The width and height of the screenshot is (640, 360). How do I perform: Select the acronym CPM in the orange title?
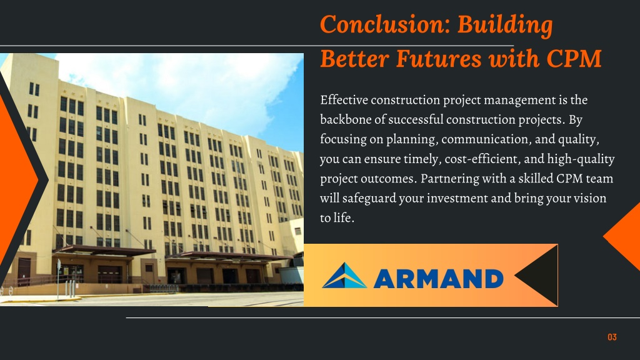pos(574,58)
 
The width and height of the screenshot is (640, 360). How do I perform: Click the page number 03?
pos(612,337)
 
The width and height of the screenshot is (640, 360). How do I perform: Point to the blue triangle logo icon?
pos(344,276)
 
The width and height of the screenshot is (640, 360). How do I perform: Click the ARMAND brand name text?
pos(438,279)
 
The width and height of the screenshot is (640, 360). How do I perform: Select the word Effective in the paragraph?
pos(344,100)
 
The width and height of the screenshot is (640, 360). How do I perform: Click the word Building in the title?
pos(505,24)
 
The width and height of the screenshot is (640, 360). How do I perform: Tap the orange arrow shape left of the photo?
pos(16,179)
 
